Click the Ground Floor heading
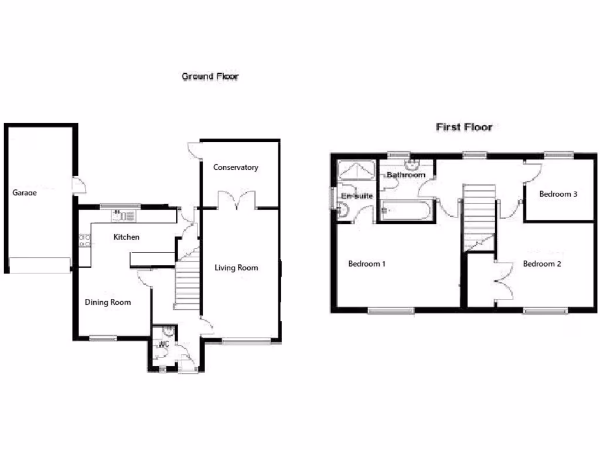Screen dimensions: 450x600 pyautogui.click(x=210, y=76)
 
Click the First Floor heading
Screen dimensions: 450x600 pyautogui.click(x=463, y=127)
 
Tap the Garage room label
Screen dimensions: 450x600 pyautogui.click(x=25, y=192)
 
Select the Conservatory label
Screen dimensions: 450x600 pyautogui.click(x=236, y=168)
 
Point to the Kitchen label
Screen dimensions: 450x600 pyautogui.click(x=127, y=237)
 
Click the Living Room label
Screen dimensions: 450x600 pyautogui.click(x=236, y=268)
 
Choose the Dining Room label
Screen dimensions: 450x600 pyautogui.click(x=108, y=302)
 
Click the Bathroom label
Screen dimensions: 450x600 pyautogui.click(x=405, y=175)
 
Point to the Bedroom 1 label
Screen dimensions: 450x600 pyautogui.click(x=367, y=264)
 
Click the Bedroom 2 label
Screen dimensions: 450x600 pyautogui.click(x=542, y=264)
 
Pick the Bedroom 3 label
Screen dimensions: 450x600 pyautogui.click(x=559, y=194)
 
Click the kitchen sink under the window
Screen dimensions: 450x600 pyautogui.click(x=124, y=216)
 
